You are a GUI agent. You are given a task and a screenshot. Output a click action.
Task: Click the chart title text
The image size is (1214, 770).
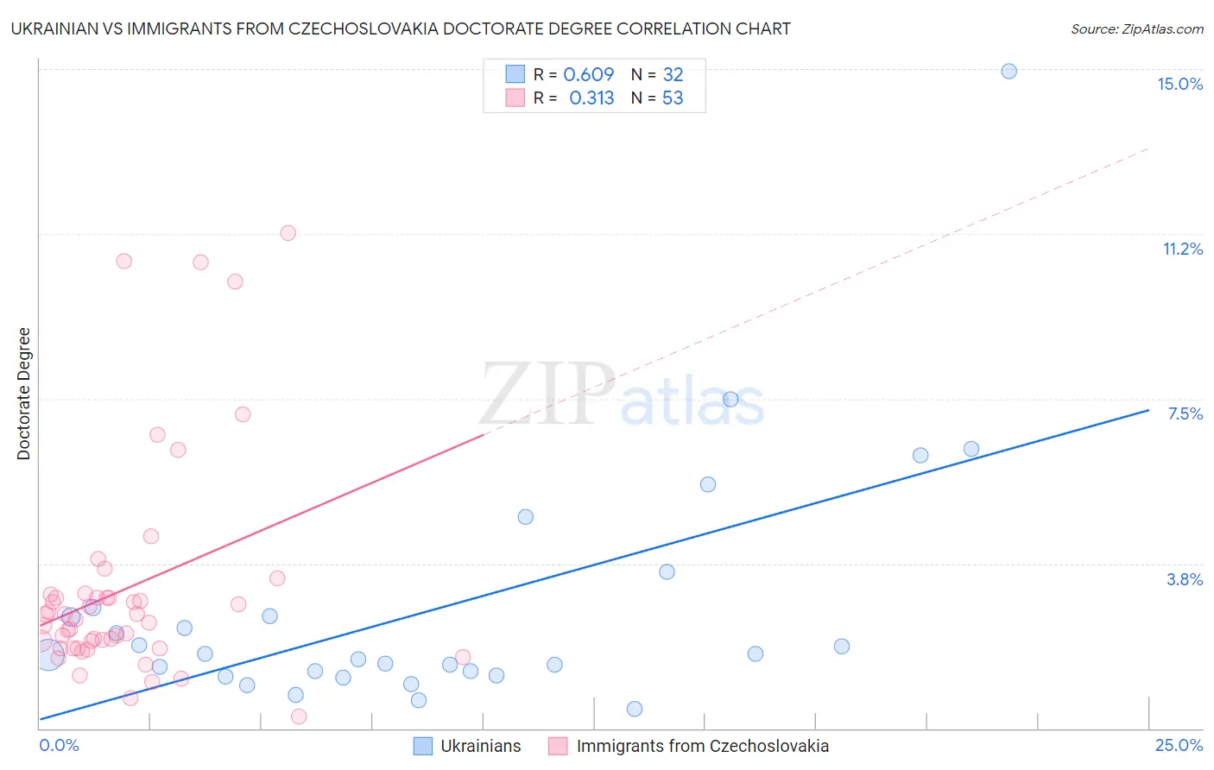click(401, 28)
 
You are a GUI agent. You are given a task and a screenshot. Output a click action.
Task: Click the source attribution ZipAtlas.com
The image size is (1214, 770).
click(1136, 28)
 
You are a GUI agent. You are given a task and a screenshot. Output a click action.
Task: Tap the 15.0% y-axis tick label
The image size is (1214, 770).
click(1179, 84)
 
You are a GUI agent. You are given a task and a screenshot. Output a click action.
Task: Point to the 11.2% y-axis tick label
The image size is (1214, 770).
click(1182, 249)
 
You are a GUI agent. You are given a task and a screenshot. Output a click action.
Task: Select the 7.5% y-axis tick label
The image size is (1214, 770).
click(1185, 413)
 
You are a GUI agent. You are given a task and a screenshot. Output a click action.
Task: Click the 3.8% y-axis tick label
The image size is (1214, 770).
click(1185, 579)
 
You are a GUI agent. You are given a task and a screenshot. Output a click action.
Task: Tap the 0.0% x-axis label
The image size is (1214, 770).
click(59, 745)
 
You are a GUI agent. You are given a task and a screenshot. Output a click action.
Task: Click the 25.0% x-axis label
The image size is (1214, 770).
click(1179, 745)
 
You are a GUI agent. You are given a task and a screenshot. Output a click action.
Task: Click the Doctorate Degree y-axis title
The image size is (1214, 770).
click(23, 394)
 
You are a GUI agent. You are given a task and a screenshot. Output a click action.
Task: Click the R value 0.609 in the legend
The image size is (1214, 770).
click(588, 74)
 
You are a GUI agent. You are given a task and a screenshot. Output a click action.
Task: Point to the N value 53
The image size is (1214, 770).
click(673, 98)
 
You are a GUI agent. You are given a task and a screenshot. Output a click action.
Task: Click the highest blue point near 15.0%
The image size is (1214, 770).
click(1009, 72)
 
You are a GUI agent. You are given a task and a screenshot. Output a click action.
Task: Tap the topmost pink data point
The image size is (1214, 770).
click(288, 233)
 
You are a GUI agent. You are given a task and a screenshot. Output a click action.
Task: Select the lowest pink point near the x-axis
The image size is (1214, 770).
click(299, 716)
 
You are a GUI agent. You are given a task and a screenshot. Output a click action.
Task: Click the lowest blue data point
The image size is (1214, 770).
click(635, 709)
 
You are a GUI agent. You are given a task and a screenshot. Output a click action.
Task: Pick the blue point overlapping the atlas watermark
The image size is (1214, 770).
click(730, 399)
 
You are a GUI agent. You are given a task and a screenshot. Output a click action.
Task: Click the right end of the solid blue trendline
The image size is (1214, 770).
click(1148, 410)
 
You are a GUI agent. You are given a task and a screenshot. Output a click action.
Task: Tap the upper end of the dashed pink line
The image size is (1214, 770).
click(1148, 148)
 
